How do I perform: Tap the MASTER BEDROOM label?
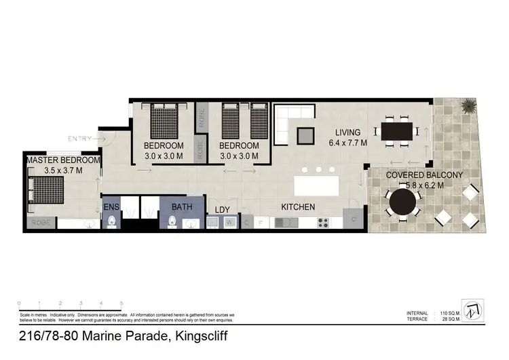pyautogui.click(x=63, y=160)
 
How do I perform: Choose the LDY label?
pyautogui.click(x=223, y=209)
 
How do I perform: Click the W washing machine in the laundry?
pyautogui.click(x=230, y=221)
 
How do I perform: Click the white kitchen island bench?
pyautogui.click(x=316, y=186)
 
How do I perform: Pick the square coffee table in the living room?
pyautogui.click(x=305, y=134)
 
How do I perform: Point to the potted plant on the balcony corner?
pyautogui.click(x=468, y=106)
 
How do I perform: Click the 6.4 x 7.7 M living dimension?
pyautogui.click(x=347, y=143)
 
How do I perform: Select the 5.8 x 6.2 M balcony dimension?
pyautogui.click(x=415, y=185)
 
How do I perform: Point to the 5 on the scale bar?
pyautogui.click(x=121, y=303)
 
